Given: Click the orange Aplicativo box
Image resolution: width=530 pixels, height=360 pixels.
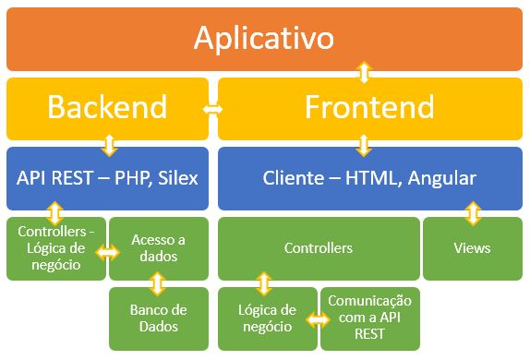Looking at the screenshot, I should click(x=264, y=38).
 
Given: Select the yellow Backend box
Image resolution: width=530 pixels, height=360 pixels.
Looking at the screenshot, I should click(x=108, y=107).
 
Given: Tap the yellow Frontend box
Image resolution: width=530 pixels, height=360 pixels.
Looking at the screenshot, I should click(x=369, y=107).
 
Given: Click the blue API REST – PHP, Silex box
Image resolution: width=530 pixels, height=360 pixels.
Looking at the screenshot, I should click(x=108, y=177).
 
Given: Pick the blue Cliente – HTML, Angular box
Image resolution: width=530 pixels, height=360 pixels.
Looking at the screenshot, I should click(x=369, y=177).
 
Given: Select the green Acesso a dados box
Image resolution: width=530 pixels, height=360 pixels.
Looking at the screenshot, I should click(x=159, y=248).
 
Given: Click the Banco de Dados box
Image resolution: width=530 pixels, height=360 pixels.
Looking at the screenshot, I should click(x=159, y=318).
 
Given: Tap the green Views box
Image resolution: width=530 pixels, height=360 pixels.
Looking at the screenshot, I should click(x=472, y=248).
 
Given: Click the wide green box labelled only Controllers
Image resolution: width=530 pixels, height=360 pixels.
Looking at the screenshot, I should click(x=318, y=248).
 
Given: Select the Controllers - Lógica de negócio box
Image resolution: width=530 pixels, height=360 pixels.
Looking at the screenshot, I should click(x=54, y=248).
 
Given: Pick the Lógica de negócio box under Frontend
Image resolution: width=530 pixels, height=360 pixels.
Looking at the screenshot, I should click(x=266, y=318).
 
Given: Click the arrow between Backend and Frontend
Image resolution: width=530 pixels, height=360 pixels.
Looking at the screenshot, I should click(x=213, y=109).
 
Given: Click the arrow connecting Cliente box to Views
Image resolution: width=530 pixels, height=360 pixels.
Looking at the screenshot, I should click(x=473, y=214).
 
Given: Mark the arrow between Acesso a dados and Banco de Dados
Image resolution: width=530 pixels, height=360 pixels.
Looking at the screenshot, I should click(x=159, y=282).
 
